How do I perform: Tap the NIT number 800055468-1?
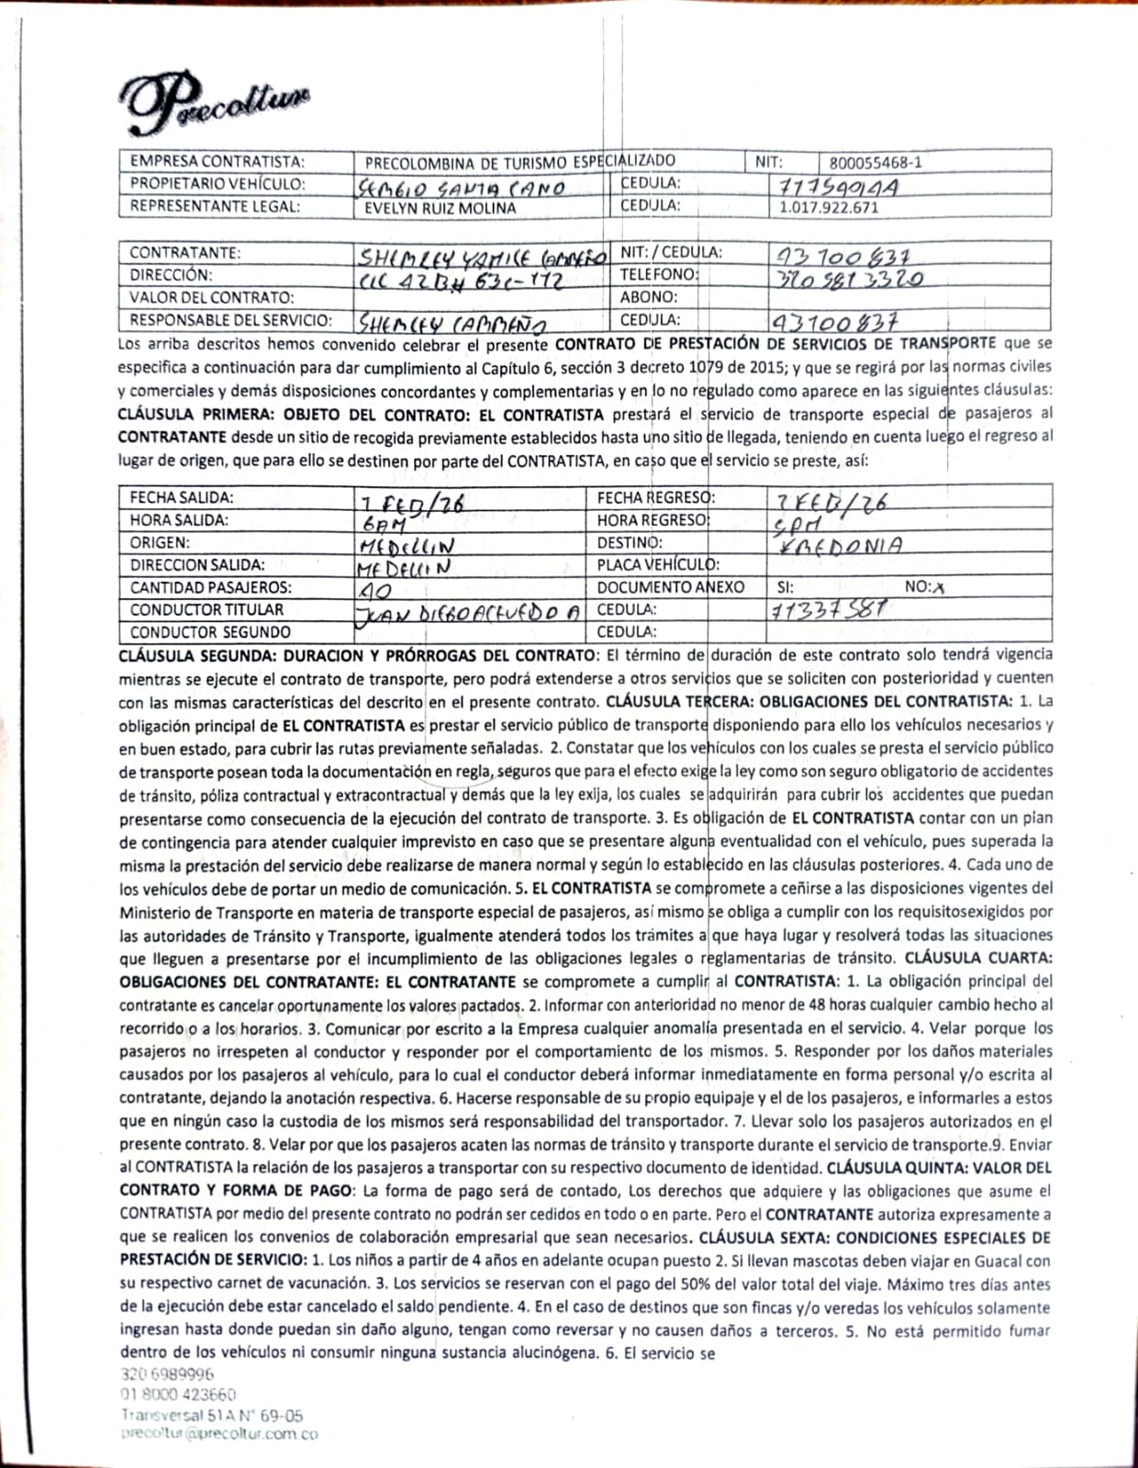click(876, 162)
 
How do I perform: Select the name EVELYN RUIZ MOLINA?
click(441, 207)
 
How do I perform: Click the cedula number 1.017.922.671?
click(829, 207)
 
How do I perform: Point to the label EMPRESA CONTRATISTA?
click(217, 161)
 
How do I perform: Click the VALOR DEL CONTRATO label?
click(212, 297)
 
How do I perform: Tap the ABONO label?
click(649, 297)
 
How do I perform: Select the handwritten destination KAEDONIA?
click(839, 544)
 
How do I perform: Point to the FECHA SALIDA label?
click(182, 497)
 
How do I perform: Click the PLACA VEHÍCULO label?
click(658, 565)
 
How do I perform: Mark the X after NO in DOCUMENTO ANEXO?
click(937, 588)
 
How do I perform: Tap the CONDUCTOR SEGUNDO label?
click(210, 632)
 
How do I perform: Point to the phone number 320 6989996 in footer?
click(167, 1374)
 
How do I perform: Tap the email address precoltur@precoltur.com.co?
click(219, 1435)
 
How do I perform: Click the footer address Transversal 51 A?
click(212, 1416)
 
